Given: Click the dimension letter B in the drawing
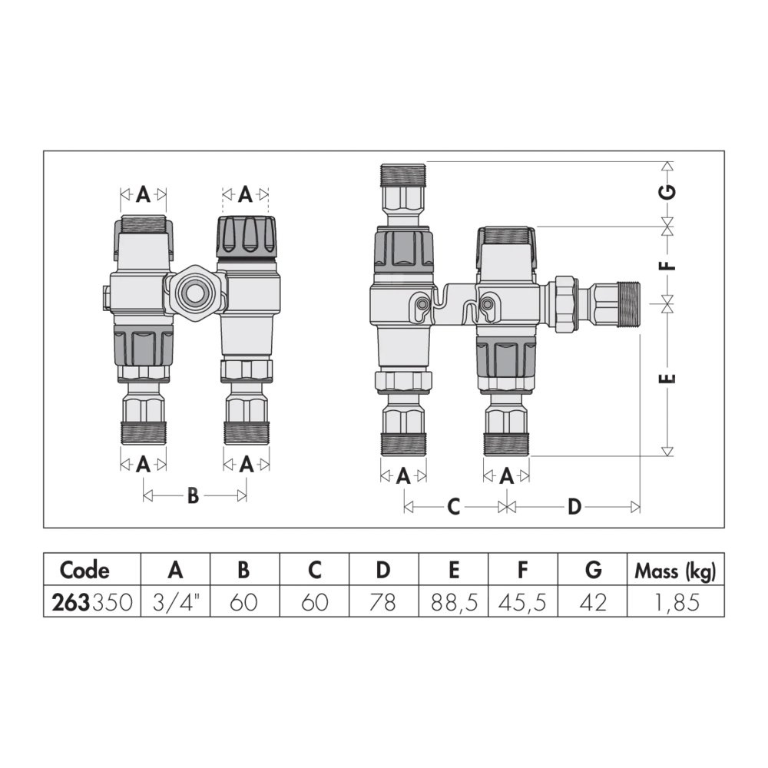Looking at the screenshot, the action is (x=194, y=495).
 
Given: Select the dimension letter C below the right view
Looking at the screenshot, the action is (x=454, y=506).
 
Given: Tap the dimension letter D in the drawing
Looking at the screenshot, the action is (x=574, y=506).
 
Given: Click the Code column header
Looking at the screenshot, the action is (x=84, y=570).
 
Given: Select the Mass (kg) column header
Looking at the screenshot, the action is (x=675, y=571).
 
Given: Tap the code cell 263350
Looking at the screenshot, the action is (x=92, y=602).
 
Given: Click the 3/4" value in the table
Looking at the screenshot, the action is (x=175, y=602).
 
